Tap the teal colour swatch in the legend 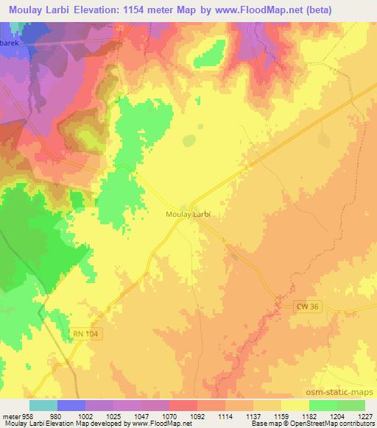43,405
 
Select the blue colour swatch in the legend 71,405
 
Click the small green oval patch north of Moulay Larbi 190,140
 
